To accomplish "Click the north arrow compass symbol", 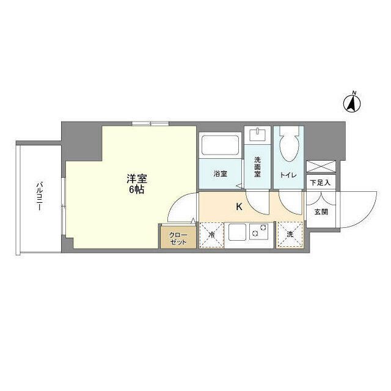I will click(353, 102).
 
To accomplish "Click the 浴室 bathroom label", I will click(221, 174).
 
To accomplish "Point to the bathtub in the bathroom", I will click(221, 146).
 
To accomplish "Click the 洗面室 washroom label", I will click(258, 167).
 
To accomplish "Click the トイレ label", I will click(288, 175).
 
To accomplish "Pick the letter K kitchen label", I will click(239, 206).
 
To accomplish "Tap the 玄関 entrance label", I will click(320, 212).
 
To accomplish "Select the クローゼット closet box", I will click(178, 236).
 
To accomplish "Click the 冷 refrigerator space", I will click(211, 235).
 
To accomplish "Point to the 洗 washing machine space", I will click(290, 235).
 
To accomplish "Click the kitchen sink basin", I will click(237, 233).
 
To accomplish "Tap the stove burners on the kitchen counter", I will click(260, 233).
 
